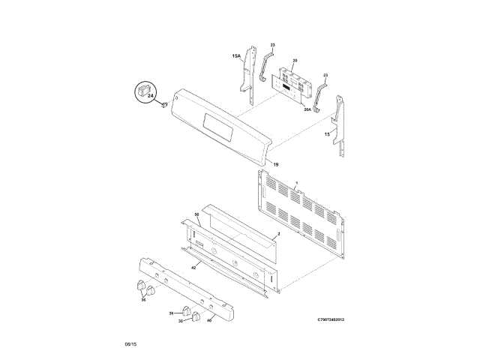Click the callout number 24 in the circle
click(151, 97)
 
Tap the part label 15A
click(236, 56)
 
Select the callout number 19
click(275, 164)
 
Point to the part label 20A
click(307, 110)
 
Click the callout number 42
click(193, 267)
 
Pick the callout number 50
click(197, 215)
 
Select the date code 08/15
click(130, 344)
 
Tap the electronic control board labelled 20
click(292, 84)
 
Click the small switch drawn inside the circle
click(142, 92)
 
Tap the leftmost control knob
click(140, 286)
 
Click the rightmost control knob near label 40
click(197, 317)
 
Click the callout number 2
click(277, 235)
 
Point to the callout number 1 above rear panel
click(296, 183)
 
